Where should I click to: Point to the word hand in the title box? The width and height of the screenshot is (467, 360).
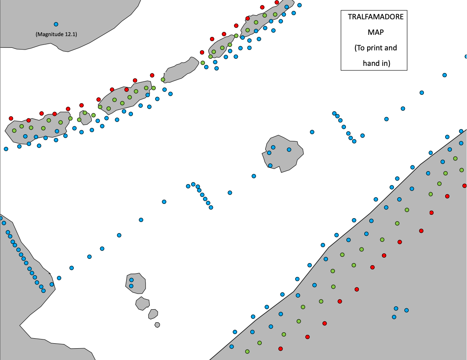tap(371, 63)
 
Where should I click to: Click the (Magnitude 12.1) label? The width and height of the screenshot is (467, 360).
tap(56, 34)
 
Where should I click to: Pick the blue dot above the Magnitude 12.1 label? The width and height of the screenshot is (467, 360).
tap(56, 24)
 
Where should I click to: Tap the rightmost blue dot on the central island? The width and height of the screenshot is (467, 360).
tap(289, 150)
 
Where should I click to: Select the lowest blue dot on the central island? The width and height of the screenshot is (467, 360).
tap(270, 165)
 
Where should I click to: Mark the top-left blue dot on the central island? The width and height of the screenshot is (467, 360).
tap(273, 147)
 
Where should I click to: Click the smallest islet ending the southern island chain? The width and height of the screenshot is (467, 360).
tap(157, 325)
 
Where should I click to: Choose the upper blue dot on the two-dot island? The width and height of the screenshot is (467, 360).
tap(131, 280)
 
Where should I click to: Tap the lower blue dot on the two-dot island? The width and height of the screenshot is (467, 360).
tap(131, 286)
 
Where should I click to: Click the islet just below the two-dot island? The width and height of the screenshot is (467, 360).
tap(142, 303)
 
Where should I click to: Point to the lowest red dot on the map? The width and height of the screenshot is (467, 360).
tap(280, 349)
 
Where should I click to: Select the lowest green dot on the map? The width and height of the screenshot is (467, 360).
tap(247, 352)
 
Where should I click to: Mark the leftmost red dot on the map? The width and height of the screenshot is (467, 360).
tap(11, 118)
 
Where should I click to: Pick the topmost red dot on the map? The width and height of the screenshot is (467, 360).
tap(277, 3)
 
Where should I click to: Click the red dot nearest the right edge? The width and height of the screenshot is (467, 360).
tap(464, 185)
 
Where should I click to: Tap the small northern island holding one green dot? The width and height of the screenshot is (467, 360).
tap(86, 117)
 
